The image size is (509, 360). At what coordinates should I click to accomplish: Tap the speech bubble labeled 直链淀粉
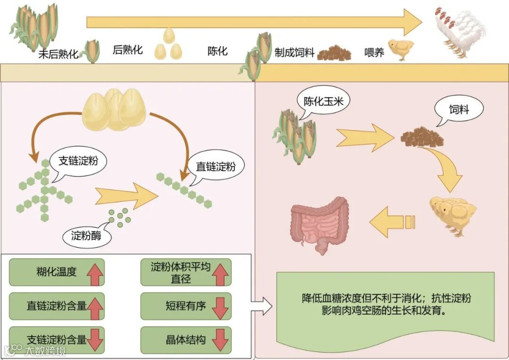(215, 166)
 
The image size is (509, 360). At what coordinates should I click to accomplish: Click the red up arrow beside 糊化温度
(95, 272)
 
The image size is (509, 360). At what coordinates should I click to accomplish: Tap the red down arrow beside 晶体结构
(220, 340)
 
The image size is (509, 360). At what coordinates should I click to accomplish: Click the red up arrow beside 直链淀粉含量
(95, 306)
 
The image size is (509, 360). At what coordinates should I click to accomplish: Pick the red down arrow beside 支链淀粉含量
(95, 340)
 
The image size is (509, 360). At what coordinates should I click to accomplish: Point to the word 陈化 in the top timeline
(218, 51)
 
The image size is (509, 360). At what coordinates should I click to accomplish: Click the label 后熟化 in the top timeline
(127, 49)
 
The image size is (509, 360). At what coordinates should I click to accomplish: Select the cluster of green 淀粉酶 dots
(120, 216)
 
